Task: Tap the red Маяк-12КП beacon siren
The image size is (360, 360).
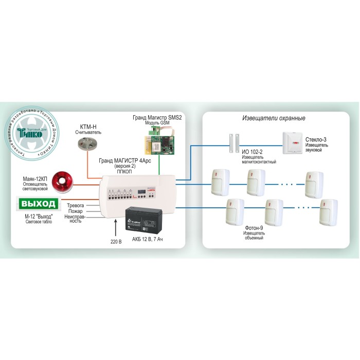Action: click(x=65, y=181)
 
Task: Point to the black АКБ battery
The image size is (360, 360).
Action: click(x=145, y=219)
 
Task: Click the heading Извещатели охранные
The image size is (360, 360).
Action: click(x=274, y=118)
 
